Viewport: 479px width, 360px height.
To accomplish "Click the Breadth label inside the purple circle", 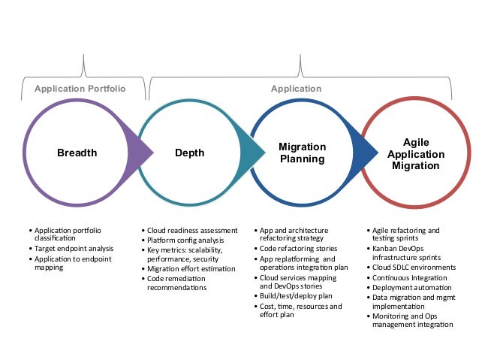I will pos(77,153).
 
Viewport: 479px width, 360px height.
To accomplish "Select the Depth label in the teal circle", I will pos(189,153).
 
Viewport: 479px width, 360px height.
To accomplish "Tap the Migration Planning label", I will pos(302,153).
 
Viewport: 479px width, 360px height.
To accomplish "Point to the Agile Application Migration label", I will pos(415,153).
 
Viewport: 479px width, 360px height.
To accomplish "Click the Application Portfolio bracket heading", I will pos(80,89).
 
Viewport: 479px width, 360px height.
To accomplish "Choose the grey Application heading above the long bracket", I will pos(296,89).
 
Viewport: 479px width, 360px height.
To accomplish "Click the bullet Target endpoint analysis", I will pos(74,248).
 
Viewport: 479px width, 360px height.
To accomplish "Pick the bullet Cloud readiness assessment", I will pos(192,230).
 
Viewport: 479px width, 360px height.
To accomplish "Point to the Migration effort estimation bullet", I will pos(190,269).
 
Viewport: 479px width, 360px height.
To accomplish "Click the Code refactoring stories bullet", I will pos(298,248).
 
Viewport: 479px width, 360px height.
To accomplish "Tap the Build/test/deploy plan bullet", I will pos(295,296).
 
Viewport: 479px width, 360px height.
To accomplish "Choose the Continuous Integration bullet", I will pos(410,277).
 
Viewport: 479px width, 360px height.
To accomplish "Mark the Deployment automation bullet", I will pos(411,286).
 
